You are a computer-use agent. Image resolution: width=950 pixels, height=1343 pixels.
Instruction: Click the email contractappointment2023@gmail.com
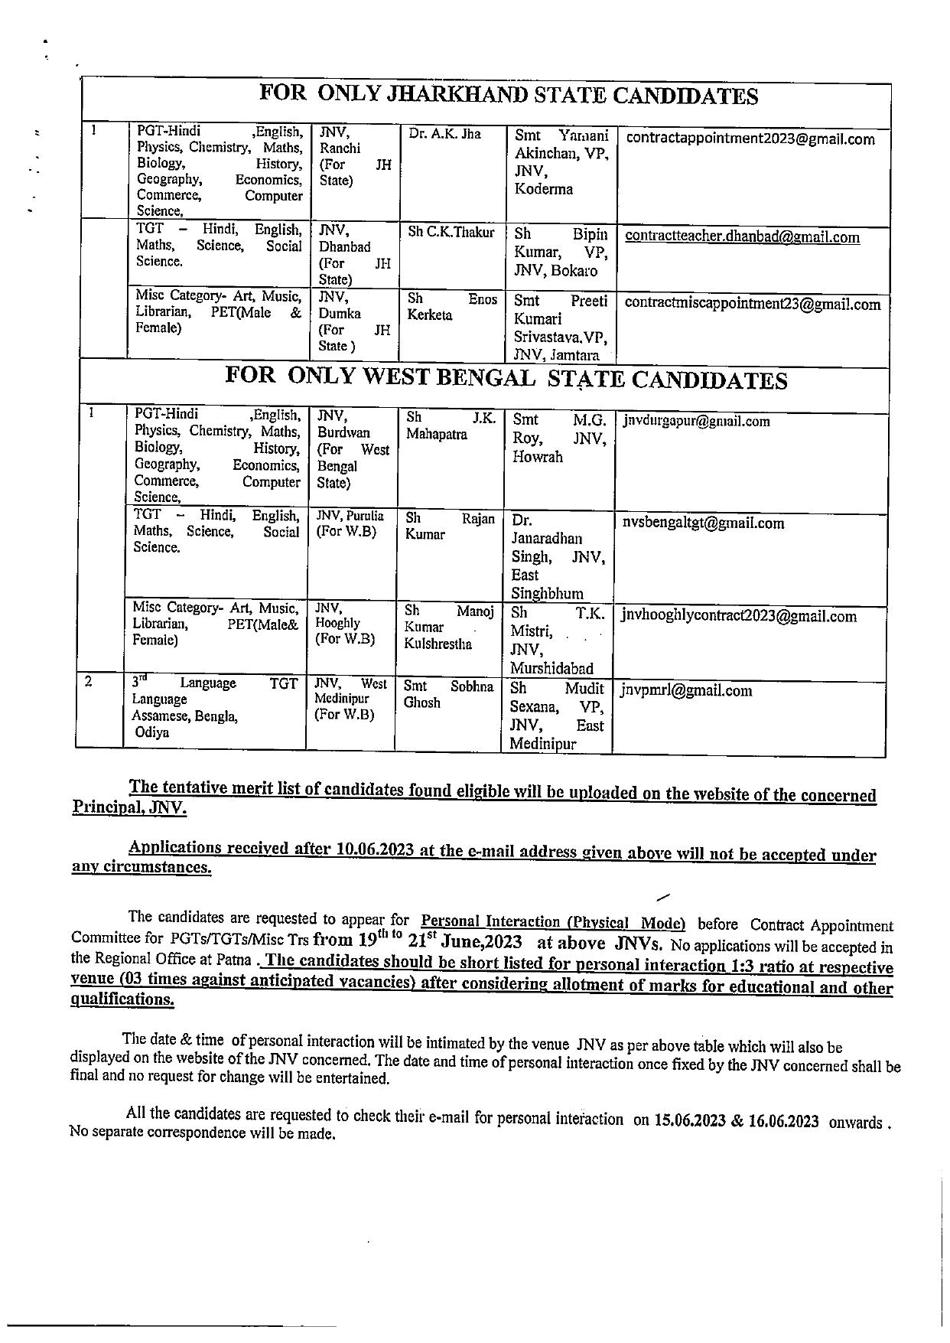coord(750,139)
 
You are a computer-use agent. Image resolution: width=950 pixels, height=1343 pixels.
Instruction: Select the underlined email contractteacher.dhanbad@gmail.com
coord(742,237)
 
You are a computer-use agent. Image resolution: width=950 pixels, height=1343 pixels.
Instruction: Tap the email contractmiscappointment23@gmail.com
coord(753,304)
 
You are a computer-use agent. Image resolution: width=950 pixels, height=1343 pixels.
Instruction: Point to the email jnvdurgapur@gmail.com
coord(696,421)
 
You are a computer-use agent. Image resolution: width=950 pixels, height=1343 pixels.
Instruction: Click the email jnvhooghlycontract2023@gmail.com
coord(739,617)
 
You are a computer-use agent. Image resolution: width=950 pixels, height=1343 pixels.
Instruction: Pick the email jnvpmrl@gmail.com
coord(686,691)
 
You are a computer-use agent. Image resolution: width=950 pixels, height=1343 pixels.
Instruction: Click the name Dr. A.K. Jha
coord(444,134)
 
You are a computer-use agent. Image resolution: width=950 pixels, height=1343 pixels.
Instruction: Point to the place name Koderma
coord(543,189)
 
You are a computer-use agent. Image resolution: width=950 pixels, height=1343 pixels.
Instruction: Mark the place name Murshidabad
coord(551,668)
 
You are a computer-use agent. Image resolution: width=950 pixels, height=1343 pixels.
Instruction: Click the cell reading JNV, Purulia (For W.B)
coord(350,523)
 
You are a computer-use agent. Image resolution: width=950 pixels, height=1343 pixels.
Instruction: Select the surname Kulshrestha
coord(438,644)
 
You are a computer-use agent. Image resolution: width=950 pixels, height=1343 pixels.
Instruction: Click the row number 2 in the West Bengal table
coord(89,682)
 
